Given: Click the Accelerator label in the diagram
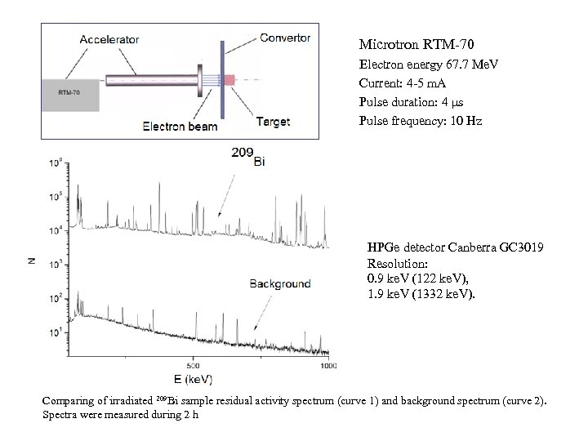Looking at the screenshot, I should (x=109, y=38).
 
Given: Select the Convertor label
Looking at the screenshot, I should (x=285, y=37).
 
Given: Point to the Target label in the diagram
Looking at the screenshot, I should (x=273, y=122).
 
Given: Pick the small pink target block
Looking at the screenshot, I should (x=229, y=80).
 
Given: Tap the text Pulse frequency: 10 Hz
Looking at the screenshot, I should (x=420, y=121).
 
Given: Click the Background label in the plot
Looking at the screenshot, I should (x=279, y=283).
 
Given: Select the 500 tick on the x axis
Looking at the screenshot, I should (x=192, y=365).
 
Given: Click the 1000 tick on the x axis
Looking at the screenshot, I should (x=327, y=365).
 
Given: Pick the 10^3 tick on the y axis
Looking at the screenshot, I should (x=56, y=265).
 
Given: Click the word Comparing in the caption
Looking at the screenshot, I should (x=68, y=401).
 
